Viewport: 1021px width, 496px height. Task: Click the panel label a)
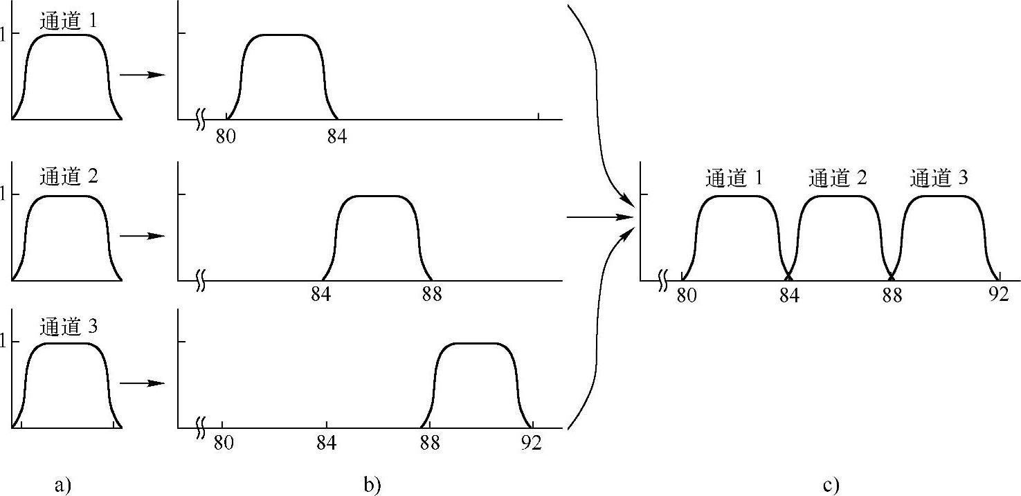[63, 486]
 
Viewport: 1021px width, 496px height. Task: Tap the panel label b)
[372, 486]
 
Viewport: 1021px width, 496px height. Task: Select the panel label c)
[831, 486]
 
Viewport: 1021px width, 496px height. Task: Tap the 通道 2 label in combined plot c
[838, 179]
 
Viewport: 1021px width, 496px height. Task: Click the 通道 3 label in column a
[69, 327]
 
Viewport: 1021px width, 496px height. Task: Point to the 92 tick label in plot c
[998, 295]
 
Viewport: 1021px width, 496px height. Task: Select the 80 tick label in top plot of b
[226, 136]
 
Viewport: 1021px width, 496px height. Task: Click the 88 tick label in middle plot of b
[432, 295]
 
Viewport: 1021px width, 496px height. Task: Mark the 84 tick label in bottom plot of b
[326, 443]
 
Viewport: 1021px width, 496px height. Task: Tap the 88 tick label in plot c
[892, 295]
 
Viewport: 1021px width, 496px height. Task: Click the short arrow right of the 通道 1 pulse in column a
[143, 75]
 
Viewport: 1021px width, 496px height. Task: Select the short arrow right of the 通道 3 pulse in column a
[143, 383]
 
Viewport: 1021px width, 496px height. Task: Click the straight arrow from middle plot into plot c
[600, 217]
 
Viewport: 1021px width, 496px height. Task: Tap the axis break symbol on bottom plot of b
[201, 428]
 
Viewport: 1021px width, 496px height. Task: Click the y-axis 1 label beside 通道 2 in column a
[4, 195]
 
